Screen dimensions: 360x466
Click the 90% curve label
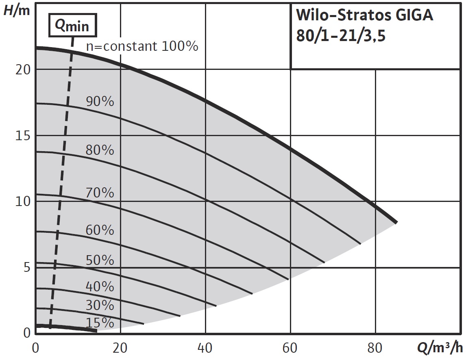[100, 102]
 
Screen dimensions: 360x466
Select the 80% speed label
[100, 150]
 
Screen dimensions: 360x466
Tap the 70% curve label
[100, 193]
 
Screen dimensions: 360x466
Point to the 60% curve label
[100, 230]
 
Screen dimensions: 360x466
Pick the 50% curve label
[100, 260]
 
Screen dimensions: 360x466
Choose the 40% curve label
[100, 286]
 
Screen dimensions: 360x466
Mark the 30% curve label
[100, 305]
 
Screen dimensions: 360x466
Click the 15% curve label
[100, 323]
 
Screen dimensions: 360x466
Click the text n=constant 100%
[142, 46]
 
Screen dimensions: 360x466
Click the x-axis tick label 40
[205, 348]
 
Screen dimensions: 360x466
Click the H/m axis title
[17, 10]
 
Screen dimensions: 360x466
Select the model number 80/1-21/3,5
[341, 37]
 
